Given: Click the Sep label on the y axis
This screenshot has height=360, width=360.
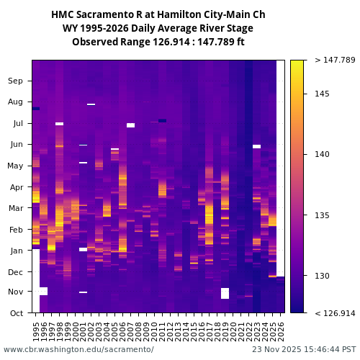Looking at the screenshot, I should pos(16,81).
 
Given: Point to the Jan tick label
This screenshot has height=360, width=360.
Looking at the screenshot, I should pos(16,251).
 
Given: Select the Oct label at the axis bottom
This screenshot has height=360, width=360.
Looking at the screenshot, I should pos(16,313).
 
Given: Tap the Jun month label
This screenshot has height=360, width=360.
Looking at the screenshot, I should pos(16,145).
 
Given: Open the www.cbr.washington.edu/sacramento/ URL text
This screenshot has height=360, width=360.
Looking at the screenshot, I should pos(78,349).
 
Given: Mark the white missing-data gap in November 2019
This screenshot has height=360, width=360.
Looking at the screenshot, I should pos(225,293).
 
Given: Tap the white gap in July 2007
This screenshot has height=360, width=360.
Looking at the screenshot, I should pos(130,125).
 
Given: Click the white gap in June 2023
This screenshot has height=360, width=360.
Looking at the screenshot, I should pos(256,146).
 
